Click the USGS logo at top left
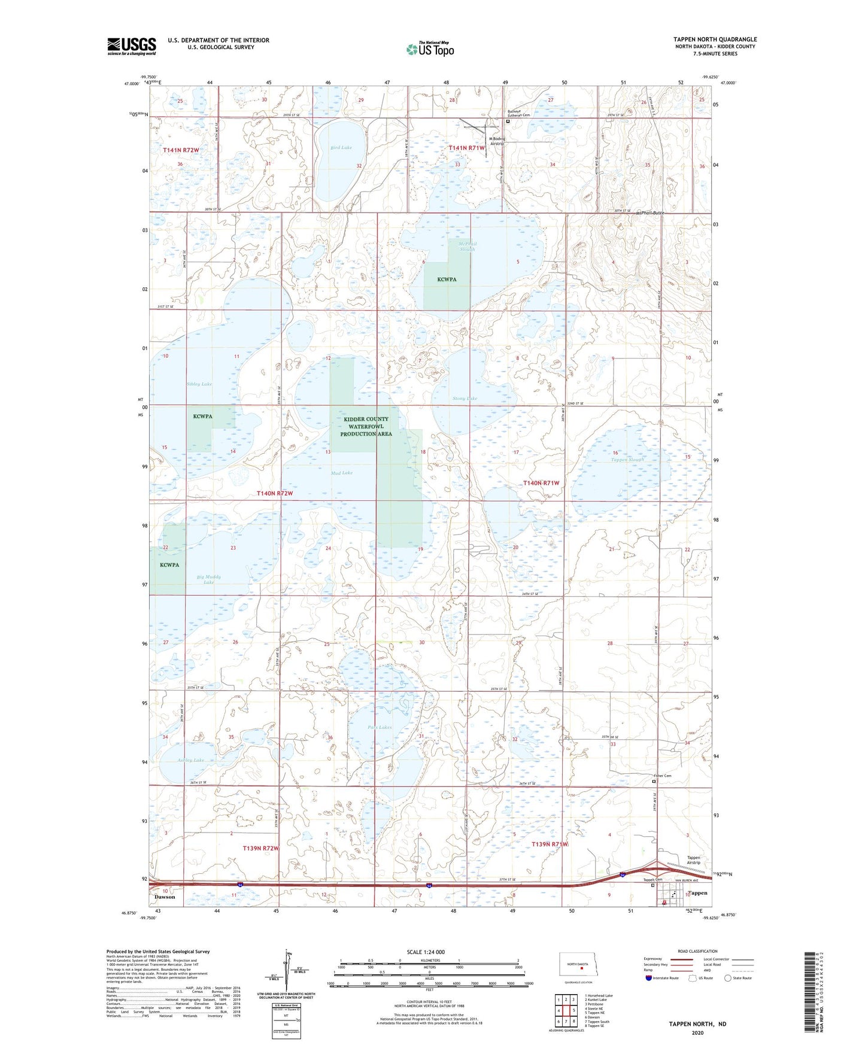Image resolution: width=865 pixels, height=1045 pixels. click(132, 45)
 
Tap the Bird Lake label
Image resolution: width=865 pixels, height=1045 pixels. click(341, 147)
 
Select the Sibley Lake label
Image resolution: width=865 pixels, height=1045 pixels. click(199, 384)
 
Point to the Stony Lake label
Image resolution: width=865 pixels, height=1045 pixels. click(465, 399)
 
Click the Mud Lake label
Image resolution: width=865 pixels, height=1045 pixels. click(342, 473)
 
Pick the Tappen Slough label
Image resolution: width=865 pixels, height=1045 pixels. click(627, 460)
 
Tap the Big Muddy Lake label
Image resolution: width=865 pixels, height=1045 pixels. click(208, 579)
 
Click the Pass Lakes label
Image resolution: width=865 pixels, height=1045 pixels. click(380, 727)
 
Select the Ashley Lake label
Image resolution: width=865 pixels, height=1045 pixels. click(190, 760)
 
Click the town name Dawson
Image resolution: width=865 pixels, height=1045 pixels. click(165, 897)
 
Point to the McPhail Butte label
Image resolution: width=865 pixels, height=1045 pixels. click(645, 213)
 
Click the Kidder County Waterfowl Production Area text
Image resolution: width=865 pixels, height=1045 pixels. click(366, 426)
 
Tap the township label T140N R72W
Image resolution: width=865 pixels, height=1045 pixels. click(275, 494)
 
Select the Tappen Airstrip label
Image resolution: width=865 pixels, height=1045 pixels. click(693, 860)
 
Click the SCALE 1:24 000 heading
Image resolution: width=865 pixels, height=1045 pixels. click(425, 952)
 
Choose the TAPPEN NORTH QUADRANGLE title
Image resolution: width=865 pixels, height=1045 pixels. click(714, 40)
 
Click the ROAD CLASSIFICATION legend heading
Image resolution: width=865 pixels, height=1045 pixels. click(697, 951)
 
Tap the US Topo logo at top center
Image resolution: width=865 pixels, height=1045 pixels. click(430, 49)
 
